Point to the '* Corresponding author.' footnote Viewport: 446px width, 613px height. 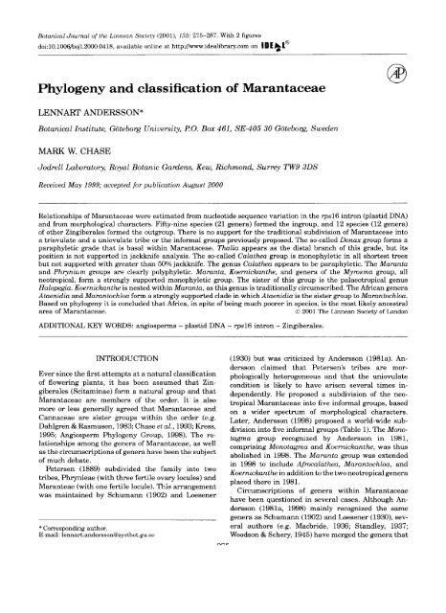click(x=64, y=572)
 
